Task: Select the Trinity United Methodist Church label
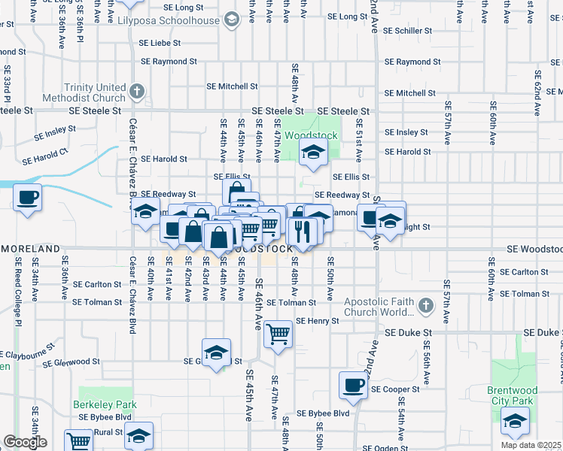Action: (x=96, y=92)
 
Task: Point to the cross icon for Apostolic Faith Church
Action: (x=426, y=306)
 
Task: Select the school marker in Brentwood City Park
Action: (x=515, y=421)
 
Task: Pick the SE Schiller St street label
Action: (x=407, y=32)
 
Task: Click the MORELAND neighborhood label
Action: (x=30, y=248)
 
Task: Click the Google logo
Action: (x=25, y=442)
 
